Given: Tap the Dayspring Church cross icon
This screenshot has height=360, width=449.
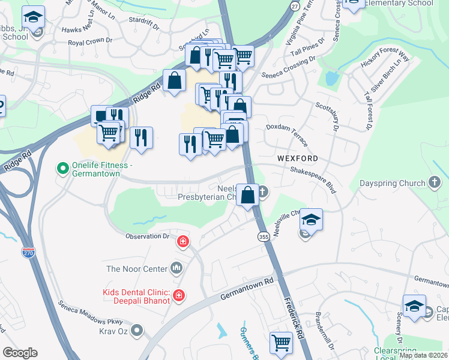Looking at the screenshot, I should pyautogui.click(x=436, y=182).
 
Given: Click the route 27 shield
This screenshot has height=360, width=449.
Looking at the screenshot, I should pyautogui.click(x=294, y=5).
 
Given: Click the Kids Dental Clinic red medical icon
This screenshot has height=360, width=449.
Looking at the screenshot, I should pyautogui.click(x=178, y=295).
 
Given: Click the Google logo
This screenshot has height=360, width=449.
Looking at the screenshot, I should pyautogui.click(x=20, y=353).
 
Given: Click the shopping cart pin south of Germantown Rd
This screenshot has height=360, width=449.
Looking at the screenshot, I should pyautogui.click(x=280, y=344).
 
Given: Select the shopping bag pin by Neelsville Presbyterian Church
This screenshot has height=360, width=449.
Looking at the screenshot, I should pyautogui.click(x=247, y=195).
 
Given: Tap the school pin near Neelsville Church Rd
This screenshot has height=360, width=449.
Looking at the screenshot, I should pyautogui.click(x=311, y=220).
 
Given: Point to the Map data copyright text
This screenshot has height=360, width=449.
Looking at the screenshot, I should pyautogui.click(x=423, y=355).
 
